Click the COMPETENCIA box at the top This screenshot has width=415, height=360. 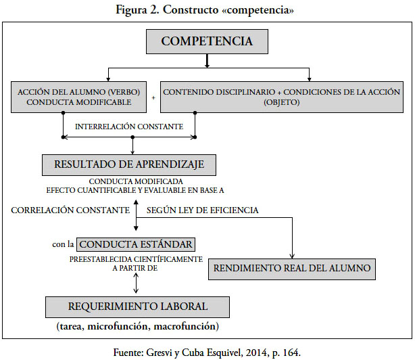point(207,41)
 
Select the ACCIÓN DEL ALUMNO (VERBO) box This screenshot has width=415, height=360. point(78,97)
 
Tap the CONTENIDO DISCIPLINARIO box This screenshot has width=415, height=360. point(282,97)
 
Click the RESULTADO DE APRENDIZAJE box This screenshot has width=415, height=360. point(129,165)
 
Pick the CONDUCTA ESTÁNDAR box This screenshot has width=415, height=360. point(136,244)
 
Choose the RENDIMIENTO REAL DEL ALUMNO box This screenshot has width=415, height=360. point(292,269)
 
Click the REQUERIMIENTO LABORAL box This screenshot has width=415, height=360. point(137,307)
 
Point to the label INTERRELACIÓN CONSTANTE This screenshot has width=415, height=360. point(129,127)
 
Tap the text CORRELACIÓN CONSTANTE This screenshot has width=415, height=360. point(70,210)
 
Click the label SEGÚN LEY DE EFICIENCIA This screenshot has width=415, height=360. point(203,210)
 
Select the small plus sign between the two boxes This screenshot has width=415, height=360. point(153,98)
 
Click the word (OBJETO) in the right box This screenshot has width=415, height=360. point(282,102)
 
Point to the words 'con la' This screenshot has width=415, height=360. point(63,244)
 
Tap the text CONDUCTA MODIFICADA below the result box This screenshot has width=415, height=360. point(136,181)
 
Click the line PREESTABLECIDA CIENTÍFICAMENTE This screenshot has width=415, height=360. point(136,259)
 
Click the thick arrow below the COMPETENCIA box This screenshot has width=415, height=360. point(207,61)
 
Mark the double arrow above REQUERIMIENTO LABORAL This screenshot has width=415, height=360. point(136,283)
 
